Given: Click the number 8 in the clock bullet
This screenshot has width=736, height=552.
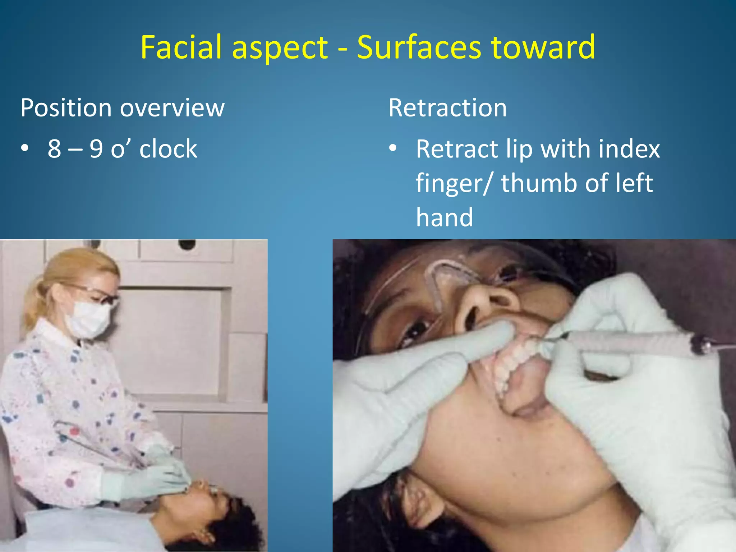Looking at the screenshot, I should [55, 149].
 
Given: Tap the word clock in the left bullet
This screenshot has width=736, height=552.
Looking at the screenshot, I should [168, 149].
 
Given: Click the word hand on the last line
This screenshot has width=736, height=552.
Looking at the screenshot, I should [444, 217].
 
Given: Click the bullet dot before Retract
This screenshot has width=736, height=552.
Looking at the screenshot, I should [393, 148].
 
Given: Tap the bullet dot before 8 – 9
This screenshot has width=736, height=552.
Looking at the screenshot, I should [24, 148].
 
